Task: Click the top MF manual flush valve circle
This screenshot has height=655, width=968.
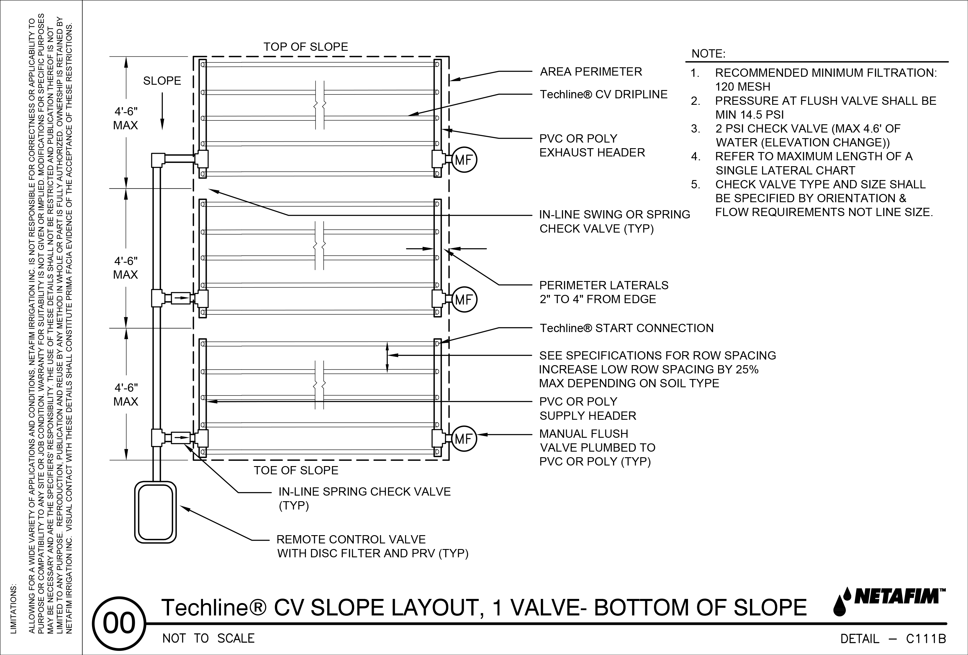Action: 463,160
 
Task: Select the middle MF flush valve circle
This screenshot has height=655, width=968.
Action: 463,300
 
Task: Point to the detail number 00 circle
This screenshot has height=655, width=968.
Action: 119,624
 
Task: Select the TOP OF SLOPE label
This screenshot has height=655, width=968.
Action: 305,47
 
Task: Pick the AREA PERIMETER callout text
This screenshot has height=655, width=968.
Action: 591,72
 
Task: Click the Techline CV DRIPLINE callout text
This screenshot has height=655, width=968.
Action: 604,94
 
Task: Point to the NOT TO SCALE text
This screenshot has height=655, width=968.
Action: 208,638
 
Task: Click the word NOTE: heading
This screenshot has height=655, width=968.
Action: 708,54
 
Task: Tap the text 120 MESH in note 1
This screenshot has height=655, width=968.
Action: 743,87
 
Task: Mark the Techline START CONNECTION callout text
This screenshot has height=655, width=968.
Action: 626,328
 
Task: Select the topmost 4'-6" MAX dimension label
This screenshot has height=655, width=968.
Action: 126,118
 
